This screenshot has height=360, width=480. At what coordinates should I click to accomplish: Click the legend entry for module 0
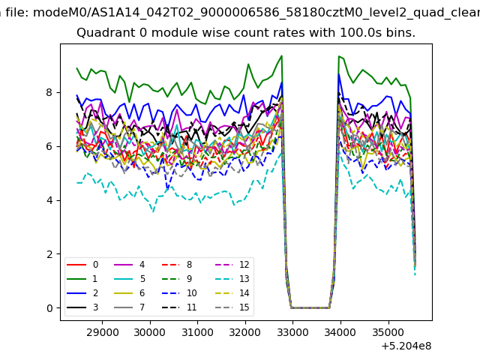click(x=82, y=265)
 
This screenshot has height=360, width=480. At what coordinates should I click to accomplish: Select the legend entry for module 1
click(x=82, y=278)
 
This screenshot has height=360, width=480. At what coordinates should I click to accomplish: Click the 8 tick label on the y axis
click(x=49, y=92)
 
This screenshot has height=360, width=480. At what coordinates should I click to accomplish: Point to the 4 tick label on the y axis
click(x=49, y=200)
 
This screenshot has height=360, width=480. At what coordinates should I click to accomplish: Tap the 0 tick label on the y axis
click(x=49, y=308)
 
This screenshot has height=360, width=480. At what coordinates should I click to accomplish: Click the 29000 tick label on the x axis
click(x=102, y=332)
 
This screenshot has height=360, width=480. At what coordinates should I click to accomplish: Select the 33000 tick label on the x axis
click(x=293, y=332)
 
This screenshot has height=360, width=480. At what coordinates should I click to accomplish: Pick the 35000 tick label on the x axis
click(x=388, y=332)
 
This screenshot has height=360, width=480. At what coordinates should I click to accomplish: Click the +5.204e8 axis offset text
click(x=406, y=346)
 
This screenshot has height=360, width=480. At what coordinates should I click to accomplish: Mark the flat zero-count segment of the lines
click(x=310, y=308)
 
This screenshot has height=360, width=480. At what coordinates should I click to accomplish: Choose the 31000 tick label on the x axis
click(x=197, y=332)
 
